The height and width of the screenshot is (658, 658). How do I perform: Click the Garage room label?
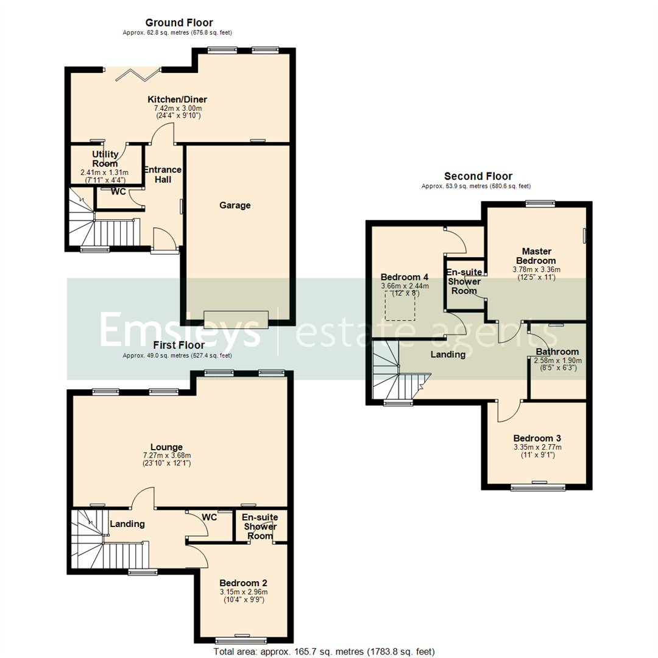(x=235, y=205)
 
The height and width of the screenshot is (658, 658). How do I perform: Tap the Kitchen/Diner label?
(x=177, y=100)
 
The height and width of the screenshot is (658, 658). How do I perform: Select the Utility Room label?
(x=105, y=159)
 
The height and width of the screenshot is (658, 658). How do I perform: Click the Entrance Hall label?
(x=162, y=174)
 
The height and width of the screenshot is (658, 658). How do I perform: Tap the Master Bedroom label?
(x=537, y=255)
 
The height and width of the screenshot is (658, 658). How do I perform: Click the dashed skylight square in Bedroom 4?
(x=400, y=303)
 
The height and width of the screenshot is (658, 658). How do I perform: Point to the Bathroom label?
(x=557, y=352)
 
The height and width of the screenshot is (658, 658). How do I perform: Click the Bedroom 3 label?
(x=537, y=438)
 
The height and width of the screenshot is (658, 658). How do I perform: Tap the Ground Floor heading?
(x=179, y=23)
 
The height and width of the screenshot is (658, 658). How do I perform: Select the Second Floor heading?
(x=478, y=177)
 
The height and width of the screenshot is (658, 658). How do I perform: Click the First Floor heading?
(x=179, y=345)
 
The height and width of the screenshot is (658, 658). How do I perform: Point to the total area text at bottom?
(x=324, y=651)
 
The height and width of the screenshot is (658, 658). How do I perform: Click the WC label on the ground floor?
(x=118, y=192)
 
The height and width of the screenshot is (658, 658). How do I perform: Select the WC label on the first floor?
(x=210, y=517)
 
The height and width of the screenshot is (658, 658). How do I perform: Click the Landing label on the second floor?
(x=448, y=354)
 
